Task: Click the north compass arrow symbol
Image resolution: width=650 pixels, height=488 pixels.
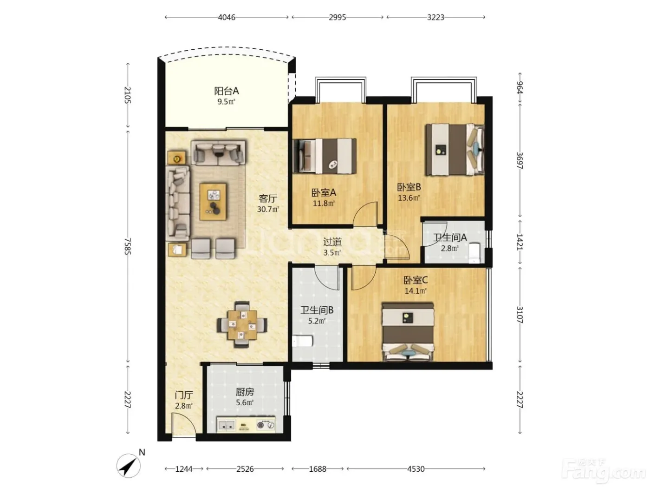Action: click(128, 466)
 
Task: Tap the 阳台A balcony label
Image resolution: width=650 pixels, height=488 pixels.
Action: click(226, 91)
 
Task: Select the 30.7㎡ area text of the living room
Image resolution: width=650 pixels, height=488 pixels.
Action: click(268, 209)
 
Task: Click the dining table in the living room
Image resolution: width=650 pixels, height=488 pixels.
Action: click(242, 325)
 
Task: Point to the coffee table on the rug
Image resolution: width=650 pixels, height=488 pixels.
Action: click(213, 202)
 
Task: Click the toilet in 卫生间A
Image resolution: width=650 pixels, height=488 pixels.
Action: click(474, 253)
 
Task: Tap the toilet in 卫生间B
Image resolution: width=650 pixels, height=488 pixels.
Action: click(302, 341)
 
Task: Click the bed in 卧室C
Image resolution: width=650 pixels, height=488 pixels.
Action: click(408, 332)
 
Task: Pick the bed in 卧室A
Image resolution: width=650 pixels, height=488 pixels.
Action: click(325, 156)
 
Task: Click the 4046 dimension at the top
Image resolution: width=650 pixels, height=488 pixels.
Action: click(227, 17)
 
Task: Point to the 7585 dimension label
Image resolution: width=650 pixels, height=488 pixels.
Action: click(128, 246)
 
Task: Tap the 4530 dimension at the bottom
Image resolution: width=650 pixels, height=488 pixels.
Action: click(416, 469)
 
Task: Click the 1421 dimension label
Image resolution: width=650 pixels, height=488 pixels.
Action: click(520, 242)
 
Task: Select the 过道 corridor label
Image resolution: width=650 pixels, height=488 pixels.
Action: click(332, 242)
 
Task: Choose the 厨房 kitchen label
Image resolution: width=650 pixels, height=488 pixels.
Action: click(245, 392)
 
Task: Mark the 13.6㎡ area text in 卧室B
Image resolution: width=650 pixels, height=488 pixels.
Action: click(409, 198)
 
